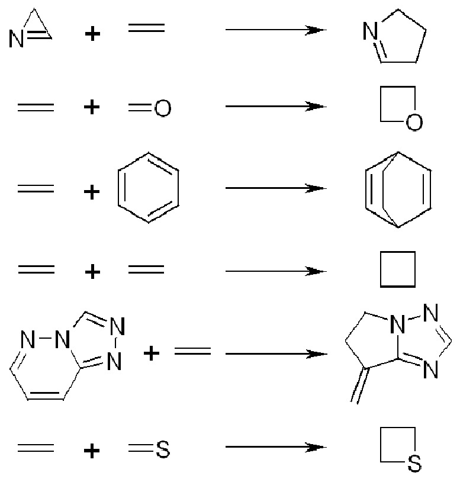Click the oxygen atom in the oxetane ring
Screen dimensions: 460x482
coord(415,123)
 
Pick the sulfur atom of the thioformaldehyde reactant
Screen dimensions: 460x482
coord(162,450)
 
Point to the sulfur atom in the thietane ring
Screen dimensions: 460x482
coord(415,464)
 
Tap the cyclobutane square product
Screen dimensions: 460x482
coord(397,270)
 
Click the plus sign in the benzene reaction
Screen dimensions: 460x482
coord(91,192)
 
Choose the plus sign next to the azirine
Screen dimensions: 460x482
coord(91,34)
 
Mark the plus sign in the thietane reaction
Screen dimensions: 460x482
coord(91,451)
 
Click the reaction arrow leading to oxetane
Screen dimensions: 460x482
coord(275,107)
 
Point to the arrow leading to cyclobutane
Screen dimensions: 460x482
coord(275,271)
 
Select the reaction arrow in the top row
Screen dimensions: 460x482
coord(275,29)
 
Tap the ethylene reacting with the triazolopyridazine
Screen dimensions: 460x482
coord(192,352)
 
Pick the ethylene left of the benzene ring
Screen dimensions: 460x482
coord(36,189)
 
